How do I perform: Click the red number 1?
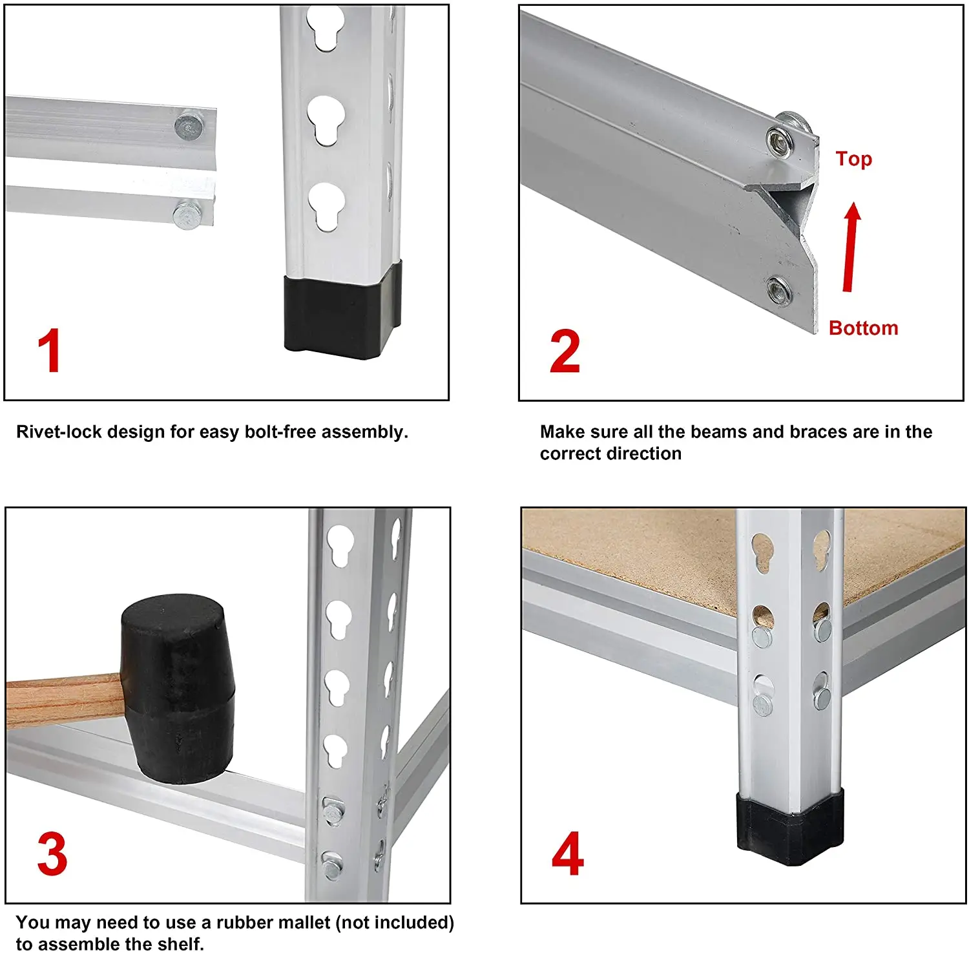[50, 351]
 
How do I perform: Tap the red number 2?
[565, 351]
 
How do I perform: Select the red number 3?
[52, 854]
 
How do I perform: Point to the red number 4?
[568, 854]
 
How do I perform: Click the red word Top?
[853, 159]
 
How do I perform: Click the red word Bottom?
[863, 328]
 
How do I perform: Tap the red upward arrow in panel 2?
[852, 247]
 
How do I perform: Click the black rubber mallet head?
[178, 689]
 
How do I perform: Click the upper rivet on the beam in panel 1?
[189, 125]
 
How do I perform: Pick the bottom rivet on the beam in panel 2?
[778, 289]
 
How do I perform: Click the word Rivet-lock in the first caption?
[59, 432]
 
